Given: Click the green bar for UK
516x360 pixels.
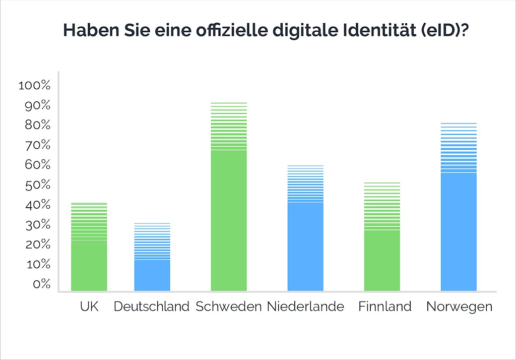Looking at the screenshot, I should click(89, 252).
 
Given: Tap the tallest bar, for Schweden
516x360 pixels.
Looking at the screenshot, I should click(229, 212).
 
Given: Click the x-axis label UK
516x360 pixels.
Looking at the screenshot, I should click(89, 307).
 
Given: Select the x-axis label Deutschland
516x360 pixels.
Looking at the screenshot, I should click(152, 307).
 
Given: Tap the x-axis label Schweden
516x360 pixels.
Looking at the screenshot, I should click(229, 307).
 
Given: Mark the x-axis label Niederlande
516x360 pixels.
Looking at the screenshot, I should click(305, 307).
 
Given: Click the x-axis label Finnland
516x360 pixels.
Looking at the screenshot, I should click(385, 307).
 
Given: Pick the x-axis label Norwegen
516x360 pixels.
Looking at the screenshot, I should click(459, 307).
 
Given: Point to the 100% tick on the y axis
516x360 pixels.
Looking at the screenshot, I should click(34, 86).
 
